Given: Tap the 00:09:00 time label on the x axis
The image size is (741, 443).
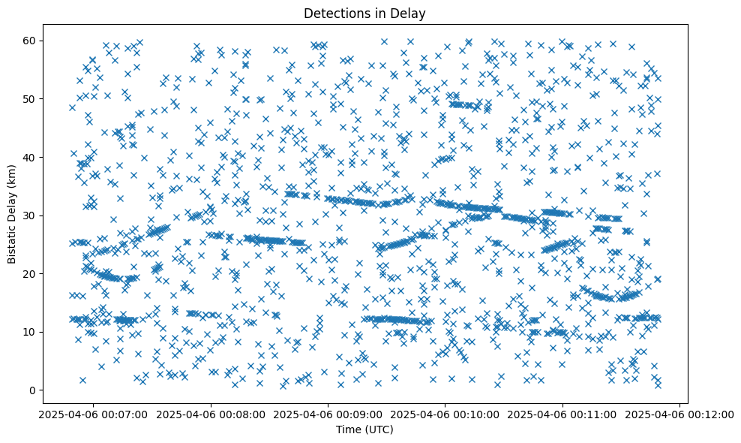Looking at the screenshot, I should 327,414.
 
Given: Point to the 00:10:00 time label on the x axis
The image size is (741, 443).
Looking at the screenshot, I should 445,414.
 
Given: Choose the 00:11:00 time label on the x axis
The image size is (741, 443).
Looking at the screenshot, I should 562,414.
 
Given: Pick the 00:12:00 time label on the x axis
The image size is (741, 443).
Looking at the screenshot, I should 679,414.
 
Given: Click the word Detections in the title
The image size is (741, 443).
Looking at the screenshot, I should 331,14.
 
